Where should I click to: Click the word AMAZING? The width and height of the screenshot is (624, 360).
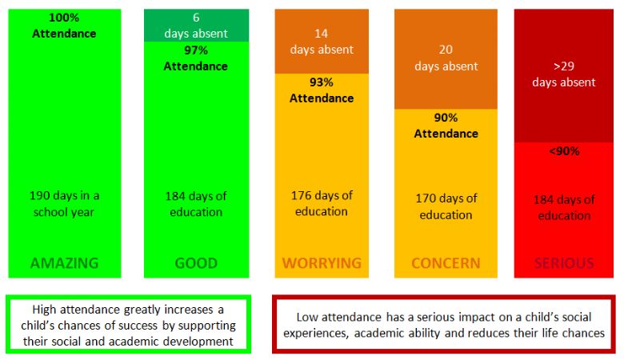pyautogui.click(x=64, y=262)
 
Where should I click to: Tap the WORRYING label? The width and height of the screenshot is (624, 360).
pyautogui.click(x=322, y=262)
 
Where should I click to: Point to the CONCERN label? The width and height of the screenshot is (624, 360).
pyautogui.click(x=446, y=262)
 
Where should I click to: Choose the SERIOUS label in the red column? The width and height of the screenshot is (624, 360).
pyautogui.click(x=564, y=262)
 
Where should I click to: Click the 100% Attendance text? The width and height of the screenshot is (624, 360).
pyautogui.click(x=64, y=26)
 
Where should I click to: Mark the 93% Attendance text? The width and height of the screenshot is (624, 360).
pyautogui.click(x=322, y=90)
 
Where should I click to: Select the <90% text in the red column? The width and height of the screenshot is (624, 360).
pyautogui.click(x=564, y=150)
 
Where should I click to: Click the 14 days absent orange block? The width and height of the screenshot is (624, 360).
pyautogui.click(x=322, y=42)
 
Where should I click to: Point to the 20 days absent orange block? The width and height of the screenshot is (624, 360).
pyautogui.click(x=446, y=58)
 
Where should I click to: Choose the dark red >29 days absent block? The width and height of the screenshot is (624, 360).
pyautogui.click(x=564, y=74)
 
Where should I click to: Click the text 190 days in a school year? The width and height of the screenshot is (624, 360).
pyautogui.click(x=64, y=203)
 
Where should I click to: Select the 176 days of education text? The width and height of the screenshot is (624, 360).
pyautogui.click(x=322, y=203)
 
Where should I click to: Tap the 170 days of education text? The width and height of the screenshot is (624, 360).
pyautogui.click(x=446, y=206)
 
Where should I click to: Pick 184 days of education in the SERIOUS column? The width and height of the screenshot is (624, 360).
pyautogui.click(x=564, y=207)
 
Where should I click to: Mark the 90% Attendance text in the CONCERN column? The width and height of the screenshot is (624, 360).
pyautogui.click(x=446, y=125)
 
